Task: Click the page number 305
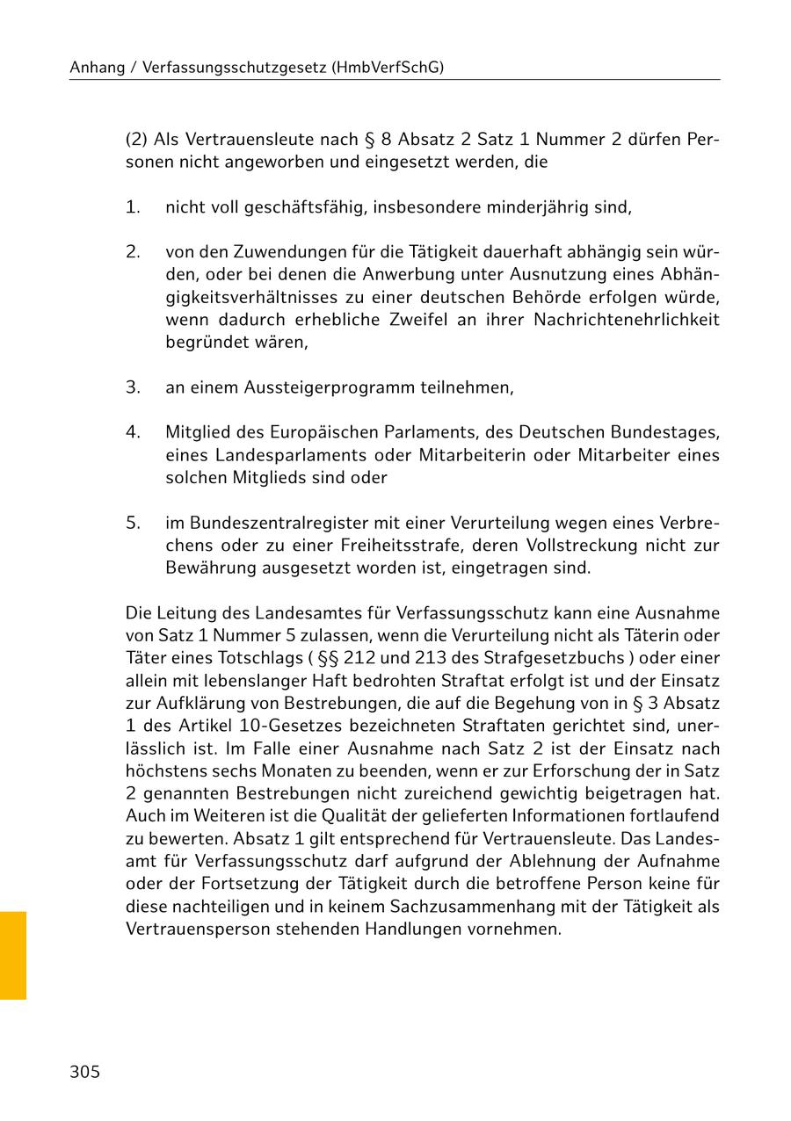(x=85, y=1072)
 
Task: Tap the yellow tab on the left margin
(x=13, y=955)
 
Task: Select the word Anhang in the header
(x=97, y=67)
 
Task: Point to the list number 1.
(x=133, y=207)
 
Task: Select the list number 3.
(x=133, y=387)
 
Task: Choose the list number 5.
(x=133, y=523)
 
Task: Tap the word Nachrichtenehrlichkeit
(x=627, y=319)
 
